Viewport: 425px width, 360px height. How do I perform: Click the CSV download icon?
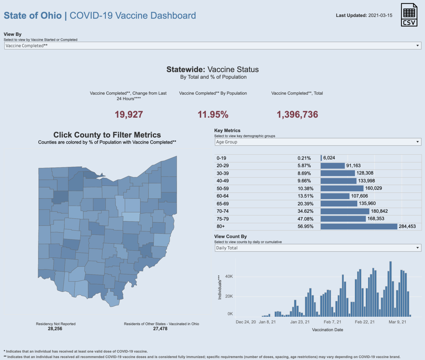pyautogui.click(x=409, y=15)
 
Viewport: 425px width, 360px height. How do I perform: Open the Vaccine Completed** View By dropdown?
pyautogui.click(x=212, y=46)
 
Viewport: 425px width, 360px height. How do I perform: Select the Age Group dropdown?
pyautogui.click(x=318, y=142)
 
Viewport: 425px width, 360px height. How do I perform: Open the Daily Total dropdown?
pyautogui.click(x=318, y=248)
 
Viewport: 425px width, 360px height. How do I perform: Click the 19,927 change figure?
pyautogui.click(x=129, y=115)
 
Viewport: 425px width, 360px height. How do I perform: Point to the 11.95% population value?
pyautogui.click(x=213, y=115)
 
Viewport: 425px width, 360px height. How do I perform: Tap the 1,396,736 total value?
pyautogui.click(x=297, y=115)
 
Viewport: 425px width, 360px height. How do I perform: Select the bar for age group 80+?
pyautogui.click(x=359, y=226)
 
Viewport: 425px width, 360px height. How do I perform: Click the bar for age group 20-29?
pyautogui.click(x=333, y=166)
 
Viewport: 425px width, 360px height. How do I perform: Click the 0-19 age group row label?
pyautogui.click(x=221, y=158)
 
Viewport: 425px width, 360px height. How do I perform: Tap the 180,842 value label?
pyautogui.click(x=379, y=211)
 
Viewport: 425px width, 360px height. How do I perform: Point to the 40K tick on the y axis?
pyautogui.click(x=229, y=277)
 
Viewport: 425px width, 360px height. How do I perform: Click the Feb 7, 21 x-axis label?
pyautogui.click(x=332, y=322)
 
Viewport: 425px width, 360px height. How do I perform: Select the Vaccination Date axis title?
pyautogui.click(x=327, y=330)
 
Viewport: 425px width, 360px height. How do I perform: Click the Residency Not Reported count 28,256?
pyautogui.click(x=55, y=329)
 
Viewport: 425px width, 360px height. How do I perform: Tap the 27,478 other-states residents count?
pyautogui.click(x=160, y=329)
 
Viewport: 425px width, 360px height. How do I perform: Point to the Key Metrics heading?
pyautogui.click(x=227, y=131)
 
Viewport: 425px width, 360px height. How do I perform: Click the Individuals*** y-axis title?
pyautogui.click(x=219, y=287)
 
